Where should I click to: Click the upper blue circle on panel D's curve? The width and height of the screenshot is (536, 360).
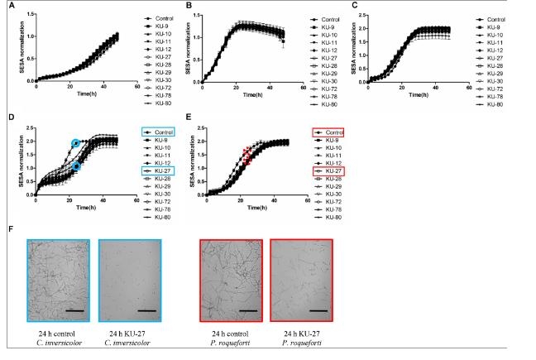[76, 143]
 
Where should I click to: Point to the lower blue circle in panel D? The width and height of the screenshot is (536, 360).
[76, 166]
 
